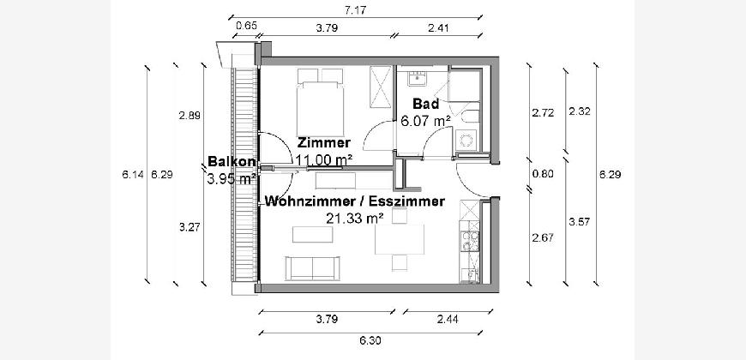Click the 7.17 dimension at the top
point(355,10)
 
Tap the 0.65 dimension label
point(246,26)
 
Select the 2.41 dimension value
point(438,28)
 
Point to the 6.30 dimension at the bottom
point(371,340)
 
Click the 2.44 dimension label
point(448,319)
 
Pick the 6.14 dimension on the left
point(133,175)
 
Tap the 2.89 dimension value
point(190,115)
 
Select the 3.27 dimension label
point(190,227)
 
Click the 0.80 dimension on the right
point(543,174)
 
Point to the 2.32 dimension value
point(580,111)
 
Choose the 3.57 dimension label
point(580,221)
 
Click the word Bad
point(426,105)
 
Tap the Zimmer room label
point(324,142)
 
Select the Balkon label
point(232,162)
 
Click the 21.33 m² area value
point(354,219)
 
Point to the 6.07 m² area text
point(425,121)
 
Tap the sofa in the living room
point(313,268)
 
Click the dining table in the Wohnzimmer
point(400,239)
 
